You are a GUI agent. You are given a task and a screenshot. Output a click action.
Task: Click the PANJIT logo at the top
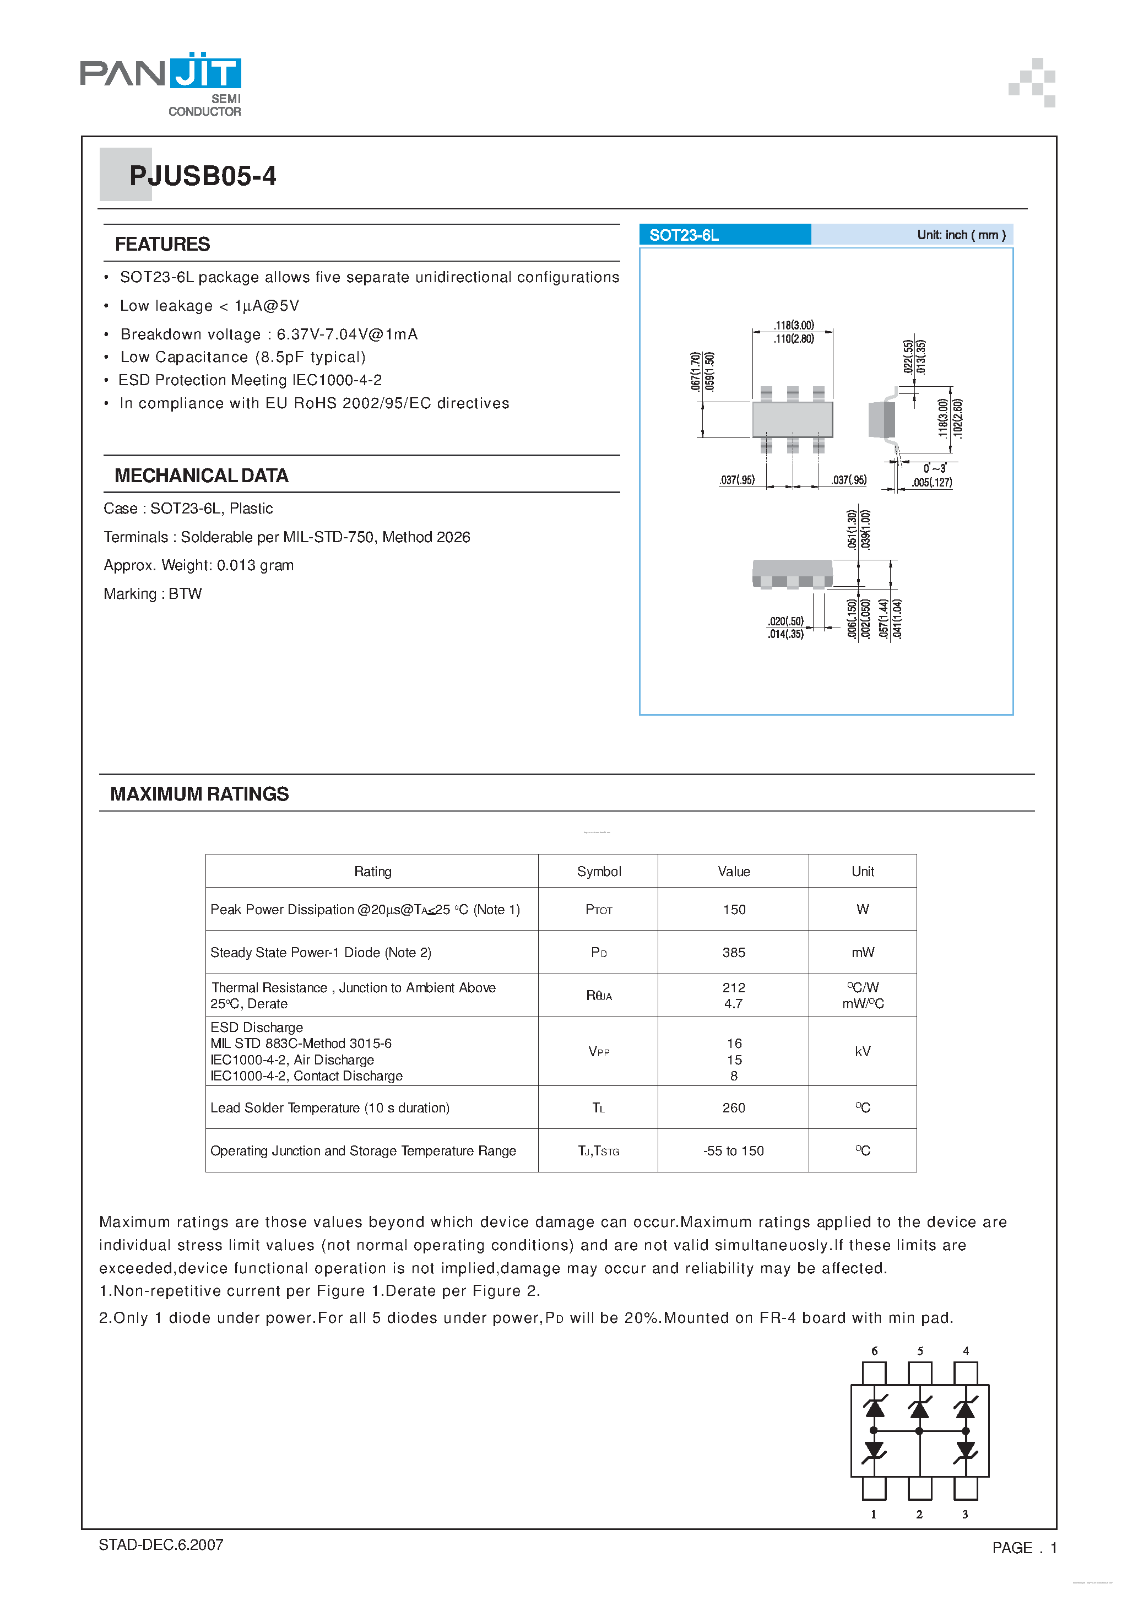click(161, 83)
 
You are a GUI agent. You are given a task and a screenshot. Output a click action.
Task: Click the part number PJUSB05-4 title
click(202, 176)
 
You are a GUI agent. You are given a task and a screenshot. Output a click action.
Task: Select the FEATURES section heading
click(162, 244)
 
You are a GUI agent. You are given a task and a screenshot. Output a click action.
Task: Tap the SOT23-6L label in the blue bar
click(684, 235)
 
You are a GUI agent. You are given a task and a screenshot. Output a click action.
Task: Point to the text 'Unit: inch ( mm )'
click(961, 235)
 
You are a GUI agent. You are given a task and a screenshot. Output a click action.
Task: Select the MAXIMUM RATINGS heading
click(199, 793)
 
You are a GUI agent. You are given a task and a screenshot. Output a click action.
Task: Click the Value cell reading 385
click(733, 952)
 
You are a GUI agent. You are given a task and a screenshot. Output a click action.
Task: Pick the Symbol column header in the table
click(598, 872)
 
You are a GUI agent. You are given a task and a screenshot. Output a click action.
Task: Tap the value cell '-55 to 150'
click(733, 1151)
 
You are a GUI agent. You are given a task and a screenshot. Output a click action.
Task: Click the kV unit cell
click(862, 1051)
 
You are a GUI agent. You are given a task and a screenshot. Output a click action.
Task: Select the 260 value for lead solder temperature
click(733, 1108)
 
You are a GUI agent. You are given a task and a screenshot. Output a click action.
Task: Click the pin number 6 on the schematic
click(874, 1351)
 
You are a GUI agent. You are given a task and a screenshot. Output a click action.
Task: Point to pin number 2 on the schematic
click(919, 1514)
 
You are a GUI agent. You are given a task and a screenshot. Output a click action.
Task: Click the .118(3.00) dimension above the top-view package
click(794, 326)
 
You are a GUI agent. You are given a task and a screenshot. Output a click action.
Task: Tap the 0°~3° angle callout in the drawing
click(934, 468)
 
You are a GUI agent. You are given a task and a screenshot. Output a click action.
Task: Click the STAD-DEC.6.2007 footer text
click(161, 1544)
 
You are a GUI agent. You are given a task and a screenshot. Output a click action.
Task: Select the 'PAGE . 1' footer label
click(1023, 1548)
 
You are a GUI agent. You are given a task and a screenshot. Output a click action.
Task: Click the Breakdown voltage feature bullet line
click(269, 334)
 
